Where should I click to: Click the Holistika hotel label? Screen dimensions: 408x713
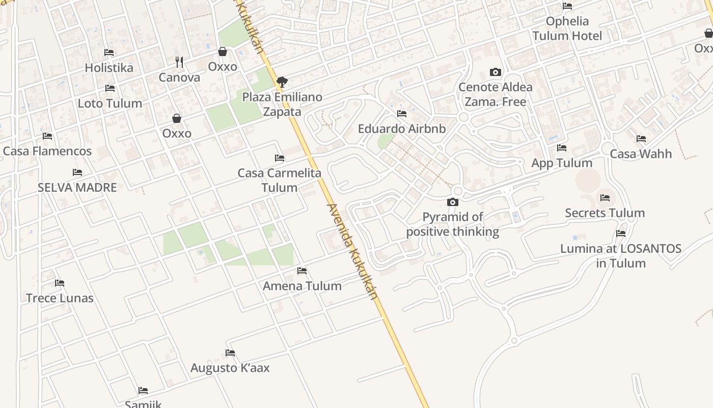point(109,68)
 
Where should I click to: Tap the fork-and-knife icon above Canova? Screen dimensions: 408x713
point(179,62)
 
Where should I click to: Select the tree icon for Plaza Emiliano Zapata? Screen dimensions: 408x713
point(282,82)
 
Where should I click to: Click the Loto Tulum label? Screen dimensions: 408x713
point(110,104)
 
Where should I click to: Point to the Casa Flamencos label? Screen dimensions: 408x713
point(47,151)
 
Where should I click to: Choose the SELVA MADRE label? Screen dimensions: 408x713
point(77,188)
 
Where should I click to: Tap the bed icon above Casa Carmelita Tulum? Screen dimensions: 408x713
point(280,158)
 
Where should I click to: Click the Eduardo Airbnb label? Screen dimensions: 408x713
point(402,129)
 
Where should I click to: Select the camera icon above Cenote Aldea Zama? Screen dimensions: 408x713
point(495,72)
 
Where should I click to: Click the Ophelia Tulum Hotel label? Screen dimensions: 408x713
point(567,29)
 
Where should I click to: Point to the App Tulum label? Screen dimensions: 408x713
point(562,163)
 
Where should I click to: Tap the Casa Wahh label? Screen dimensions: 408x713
point(641,154)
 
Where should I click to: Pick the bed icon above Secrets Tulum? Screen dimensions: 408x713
point(605,198)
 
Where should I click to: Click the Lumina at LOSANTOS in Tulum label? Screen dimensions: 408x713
point(621,256)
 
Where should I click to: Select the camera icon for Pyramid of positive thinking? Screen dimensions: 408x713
point(452,202)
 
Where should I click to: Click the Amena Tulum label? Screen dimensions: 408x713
point(302,286)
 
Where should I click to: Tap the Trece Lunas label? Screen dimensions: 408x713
point(60,298)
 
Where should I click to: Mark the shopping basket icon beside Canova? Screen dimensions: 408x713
point(223,52)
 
